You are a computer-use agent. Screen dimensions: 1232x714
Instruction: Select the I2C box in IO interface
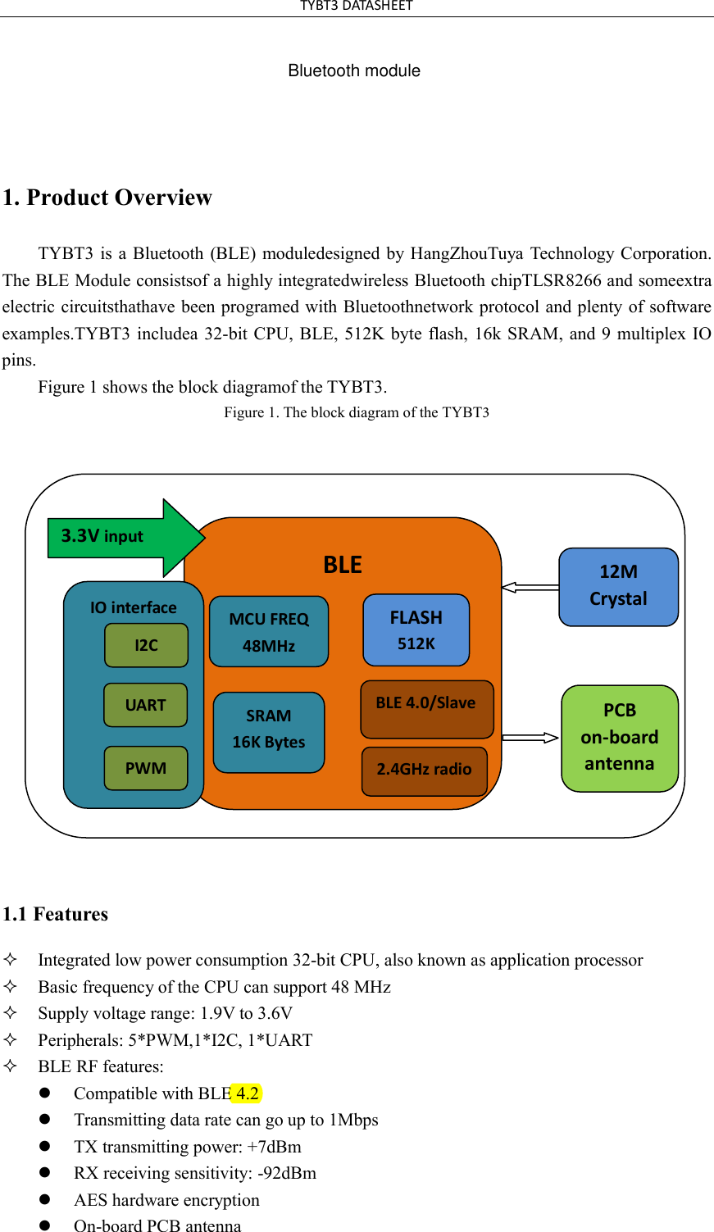(146, 645)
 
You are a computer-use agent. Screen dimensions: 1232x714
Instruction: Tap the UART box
(145, 705)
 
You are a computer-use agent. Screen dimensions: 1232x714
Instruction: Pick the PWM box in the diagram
(145, 768)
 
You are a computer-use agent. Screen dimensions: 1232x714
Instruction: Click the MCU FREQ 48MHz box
(269, 631)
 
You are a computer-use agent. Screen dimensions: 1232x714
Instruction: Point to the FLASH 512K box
(416, 630)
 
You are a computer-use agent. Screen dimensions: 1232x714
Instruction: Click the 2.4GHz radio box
(424, 771)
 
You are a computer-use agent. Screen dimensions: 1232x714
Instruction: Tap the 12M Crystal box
(618, 587)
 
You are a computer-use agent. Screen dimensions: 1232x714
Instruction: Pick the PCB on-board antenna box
(620, 738)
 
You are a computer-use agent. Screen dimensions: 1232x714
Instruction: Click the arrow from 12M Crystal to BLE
(530, 587)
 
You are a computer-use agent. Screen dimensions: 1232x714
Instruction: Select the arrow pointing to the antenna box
(530, 738)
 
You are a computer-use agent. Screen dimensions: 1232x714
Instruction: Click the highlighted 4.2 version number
(247, 1093)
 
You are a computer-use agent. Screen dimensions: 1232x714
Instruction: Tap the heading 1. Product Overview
(107, 198)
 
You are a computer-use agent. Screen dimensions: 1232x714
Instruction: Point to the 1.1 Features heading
(56, 914)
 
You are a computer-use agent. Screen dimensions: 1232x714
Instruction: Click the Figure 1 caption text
(357, 412)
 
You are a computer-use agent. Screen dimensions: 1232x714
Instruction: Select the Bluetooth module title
(354, 71)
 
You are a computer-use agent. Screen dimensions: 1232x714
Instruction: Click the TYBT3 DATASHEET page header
(357, 7)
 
